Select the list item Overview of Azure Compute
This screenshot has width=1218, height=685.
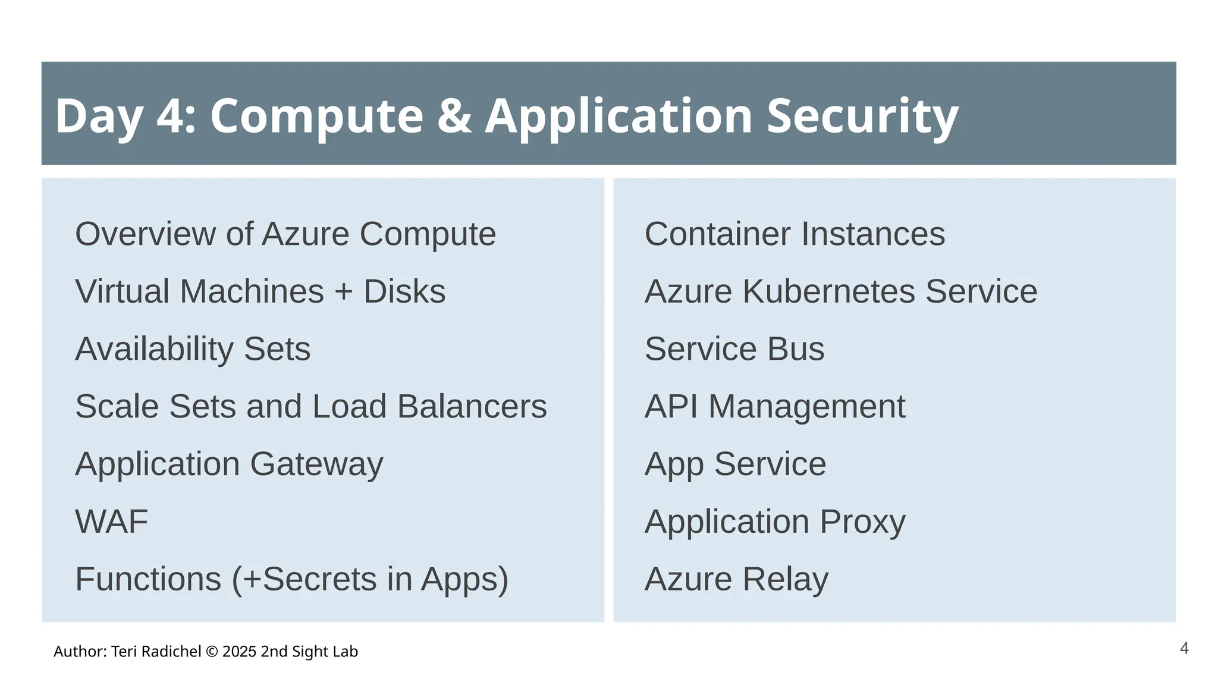[x=285, y=234]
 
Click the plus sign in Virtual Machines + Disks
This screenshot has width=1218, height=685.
[x=344, y=292]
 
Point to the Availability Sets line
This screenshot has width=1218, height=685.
[x=193, y=349]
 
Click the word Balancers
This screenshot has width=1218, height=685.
[x=472, y=407]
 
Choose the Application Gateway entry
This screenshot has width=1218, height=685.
[x=229, y=464]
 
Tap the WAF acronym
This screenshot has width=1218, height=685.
[x=112, y=521]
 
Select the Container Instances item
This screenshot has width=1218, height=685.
[x=795, y=234]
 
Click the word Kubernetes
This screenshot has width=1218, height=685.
[x=828, y=291]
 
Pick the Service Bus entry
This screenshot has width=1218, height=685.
[x=734, y=349]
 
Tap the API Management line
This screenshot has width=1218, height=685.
[x=775, y=407]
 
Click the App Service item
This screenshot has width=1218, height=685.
[x=735, y=464]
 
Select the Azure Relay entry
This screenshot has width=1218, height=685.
[x=736, y=579]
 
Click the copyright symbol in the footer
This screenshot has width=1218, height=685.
[x=211, y=652]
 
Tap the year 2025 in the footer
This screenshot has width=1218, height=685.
[x=240, y=652]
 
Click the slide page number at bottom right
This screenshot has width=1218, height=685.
[x=1184, y=648]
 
